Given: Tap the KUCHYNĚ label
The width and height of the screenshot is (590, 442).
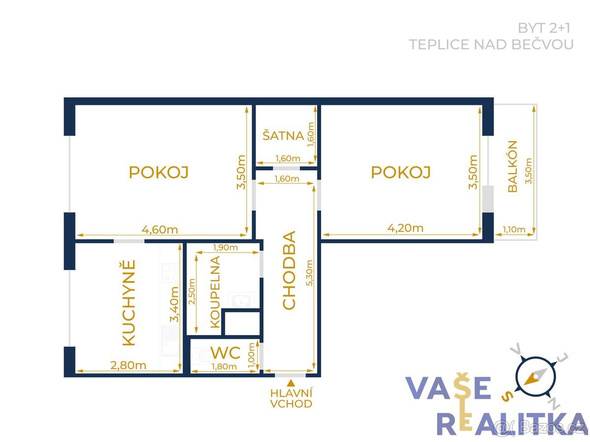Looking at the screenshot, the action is click(128, 303).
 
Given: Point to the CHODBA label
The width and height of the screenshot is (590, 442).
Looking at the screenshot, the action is click(289, 270).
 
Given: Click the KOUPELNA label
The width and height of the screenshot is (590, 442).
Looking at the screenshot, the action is click(215, 292).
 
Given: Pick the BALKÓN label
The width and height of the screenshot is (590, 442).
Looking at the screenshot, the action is click(513, 166).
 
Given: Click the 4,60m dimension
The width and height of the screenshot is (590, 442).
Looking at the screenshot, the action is click(160, 229).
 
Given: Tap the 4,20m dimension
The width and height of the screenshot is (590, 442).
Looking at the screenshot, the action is click(405, 228).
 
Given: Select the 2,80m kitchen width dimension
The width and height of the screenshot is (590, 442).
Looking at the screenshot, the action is click(128, 365).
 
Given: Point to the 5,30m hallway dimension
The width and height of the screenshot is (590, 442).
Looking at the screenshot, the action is click(309, 273).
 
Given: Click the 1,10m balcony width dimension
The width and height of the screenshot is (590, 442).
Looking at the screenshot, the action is click(514, 229).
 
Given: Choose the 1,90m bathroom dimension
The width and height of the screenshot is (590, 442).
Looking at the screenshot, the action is click(226, 247).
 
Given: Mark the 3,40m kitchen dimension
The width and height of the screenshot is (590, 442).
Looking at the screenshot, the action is click(174, 304).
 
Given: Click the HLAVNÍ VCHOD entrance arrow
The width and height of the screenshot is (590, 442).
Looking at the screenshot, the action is click(290, 382).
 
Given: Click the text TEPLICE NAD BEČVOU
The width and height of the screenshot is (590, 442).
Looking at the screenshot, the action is click(491, 45).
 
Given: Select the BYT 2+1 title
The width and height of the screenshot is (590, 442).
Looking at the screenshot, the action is click(544, 28).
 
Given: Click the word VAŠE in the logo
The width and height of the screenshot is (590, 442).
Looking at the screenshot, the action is click(448, 388).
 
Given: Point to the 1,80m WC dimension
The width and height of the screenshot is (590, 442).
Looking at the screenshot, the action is click(224, 366).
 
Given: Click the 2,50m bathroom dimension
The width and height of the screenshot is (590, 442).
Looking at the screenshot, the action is click(192, 291).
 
